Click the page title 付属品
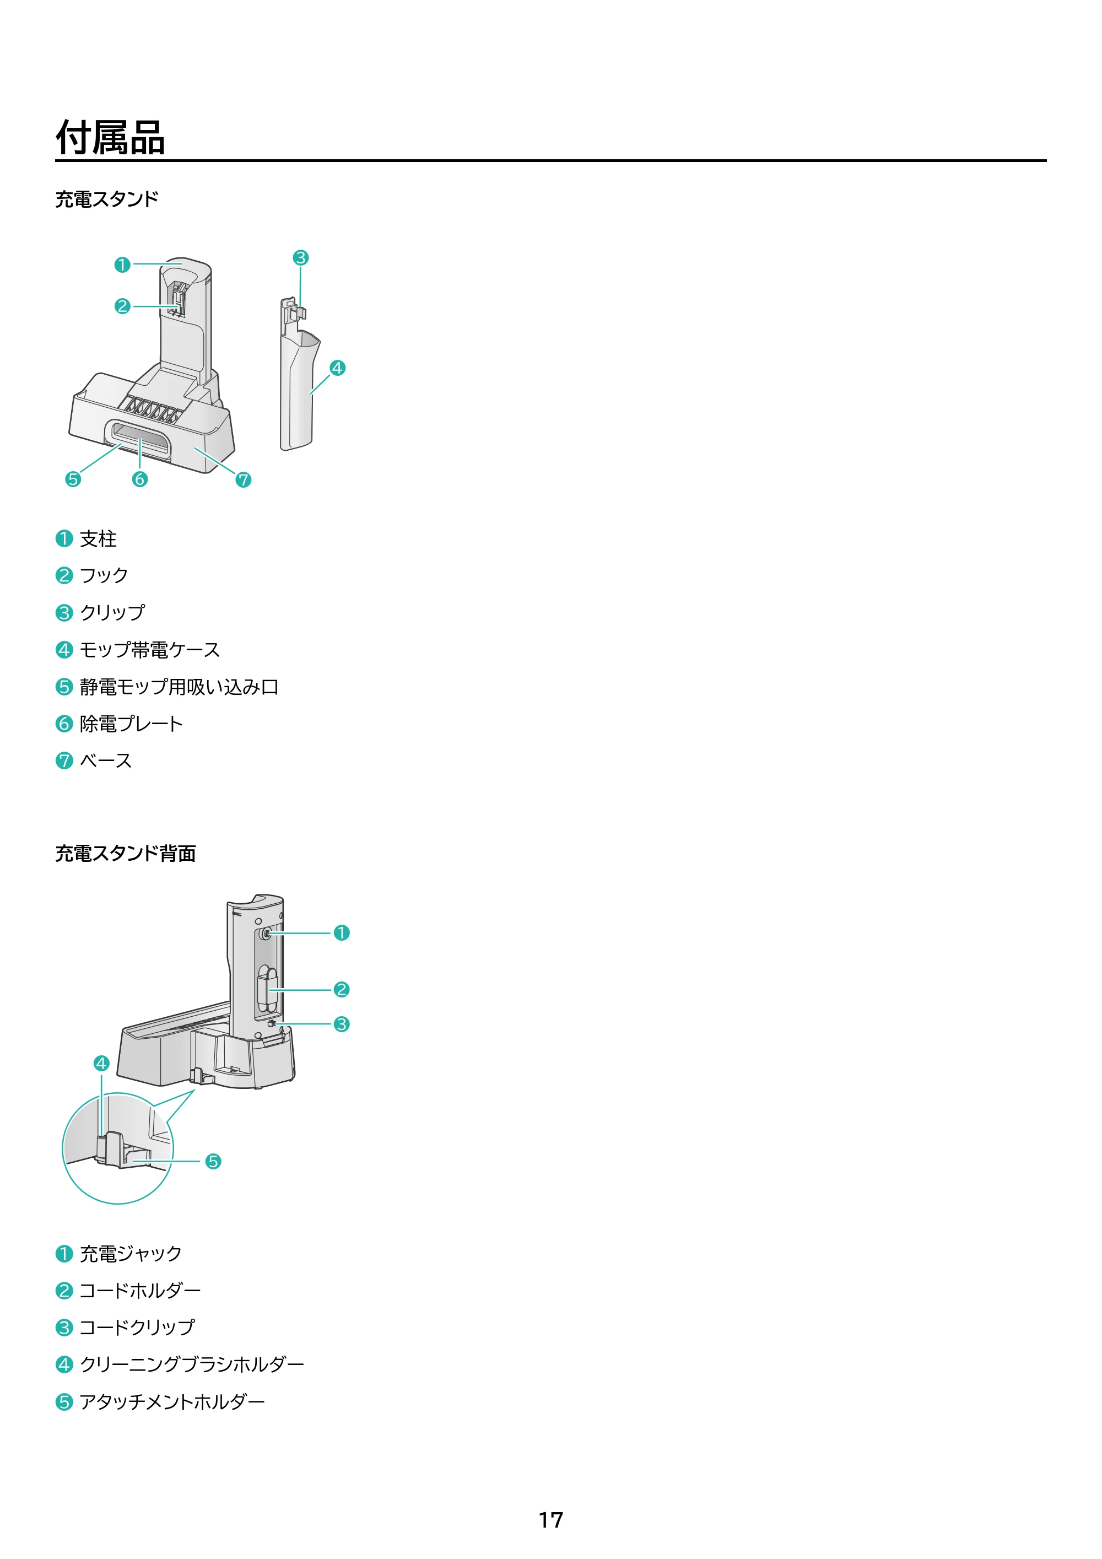(x=110, y=138)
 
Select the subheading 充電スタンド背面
(x=126, y=854)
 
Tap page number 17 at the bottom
(x=550, y=1520)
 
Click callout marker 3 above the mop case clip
(x=301, y=258)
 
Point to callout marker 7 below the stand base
(x=243, y=480)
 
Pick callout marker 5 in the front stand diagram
(x=73, y=479)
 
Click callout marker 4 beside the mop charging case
(x=337, y=368)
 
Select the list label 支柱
(x=99, y=539)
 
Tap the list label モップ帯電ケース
(x=150, y=650)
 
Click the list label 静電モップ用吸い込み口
(x=179, y=687)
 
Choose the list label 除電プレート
(x=132, y=724)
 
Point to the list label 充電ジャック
(x=131, y=1254)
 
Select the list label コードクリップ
(x=137, y=1328)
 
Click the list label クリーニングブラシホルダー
(x=192, y=1364)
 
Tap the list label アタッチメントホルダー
(x=172, y=1401)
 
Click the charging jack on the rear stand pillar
(x=265, y=934)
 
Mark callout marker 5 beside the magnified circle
(x=213, y=1161)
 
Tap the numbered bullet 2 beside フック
(x=64, y=576)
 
